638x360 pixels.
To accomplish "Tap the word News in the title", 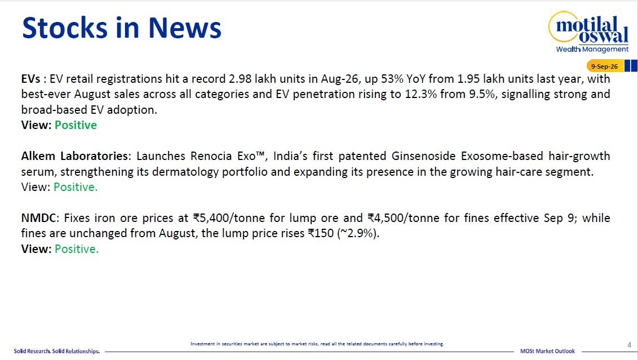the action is [x=185, y=28].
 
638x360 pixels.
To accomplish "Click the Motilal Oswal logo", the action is [x=588, y=32].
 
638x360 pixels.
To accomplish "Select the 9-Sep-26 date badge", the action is [x=604, y=66].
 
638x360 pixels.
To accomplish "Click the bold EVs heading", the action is [x=31, y=78].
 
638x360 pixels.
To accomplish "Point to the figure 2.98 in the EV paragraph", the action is [x=240, y=78].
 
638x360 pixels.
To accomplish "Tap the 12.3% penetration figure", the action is [x=420, y=94].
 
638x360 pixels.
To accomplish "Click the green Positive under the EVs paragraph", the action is [x=76, y=125].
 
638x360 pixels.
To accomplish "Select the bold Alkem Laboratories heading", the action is [x=74, y=156].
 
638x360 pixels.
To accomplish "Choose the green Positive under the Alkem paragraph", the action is [x=76, y=186].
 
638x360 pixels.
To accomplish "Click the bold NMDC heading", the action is [x=38, y=217].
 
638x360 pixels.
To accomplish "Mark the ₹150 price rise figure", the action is [x=321, y=233].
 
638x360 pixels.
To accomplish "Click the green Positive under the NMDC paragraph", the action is [x=77, y=248].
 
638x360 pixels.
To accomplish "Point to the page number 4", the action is [x=629, y=345].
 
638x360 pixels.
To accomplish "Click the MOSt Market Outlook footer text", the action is [x=547, y=351].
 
